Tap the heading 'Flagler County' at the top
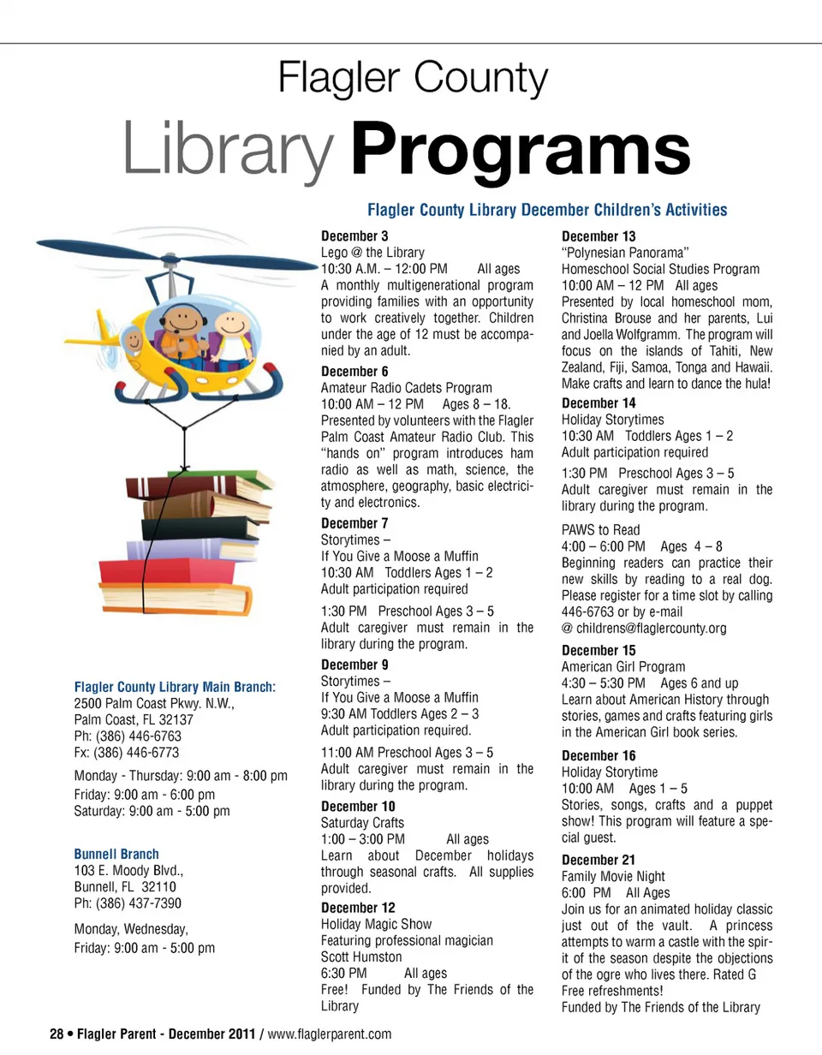(x=413, y=80)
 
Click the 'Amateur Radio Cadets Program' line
(x=407, y=388)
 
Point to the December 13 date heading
(x=599, y=235)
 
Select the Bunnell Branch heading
(x=116, y=855)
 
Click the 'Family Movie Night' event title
(x=613, y=876)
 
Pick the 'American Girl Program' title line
(x=623, y=667)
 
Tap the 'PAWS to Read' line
(x=600, y=530)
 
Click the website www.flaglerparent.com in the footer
(x=330, y=1035)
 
